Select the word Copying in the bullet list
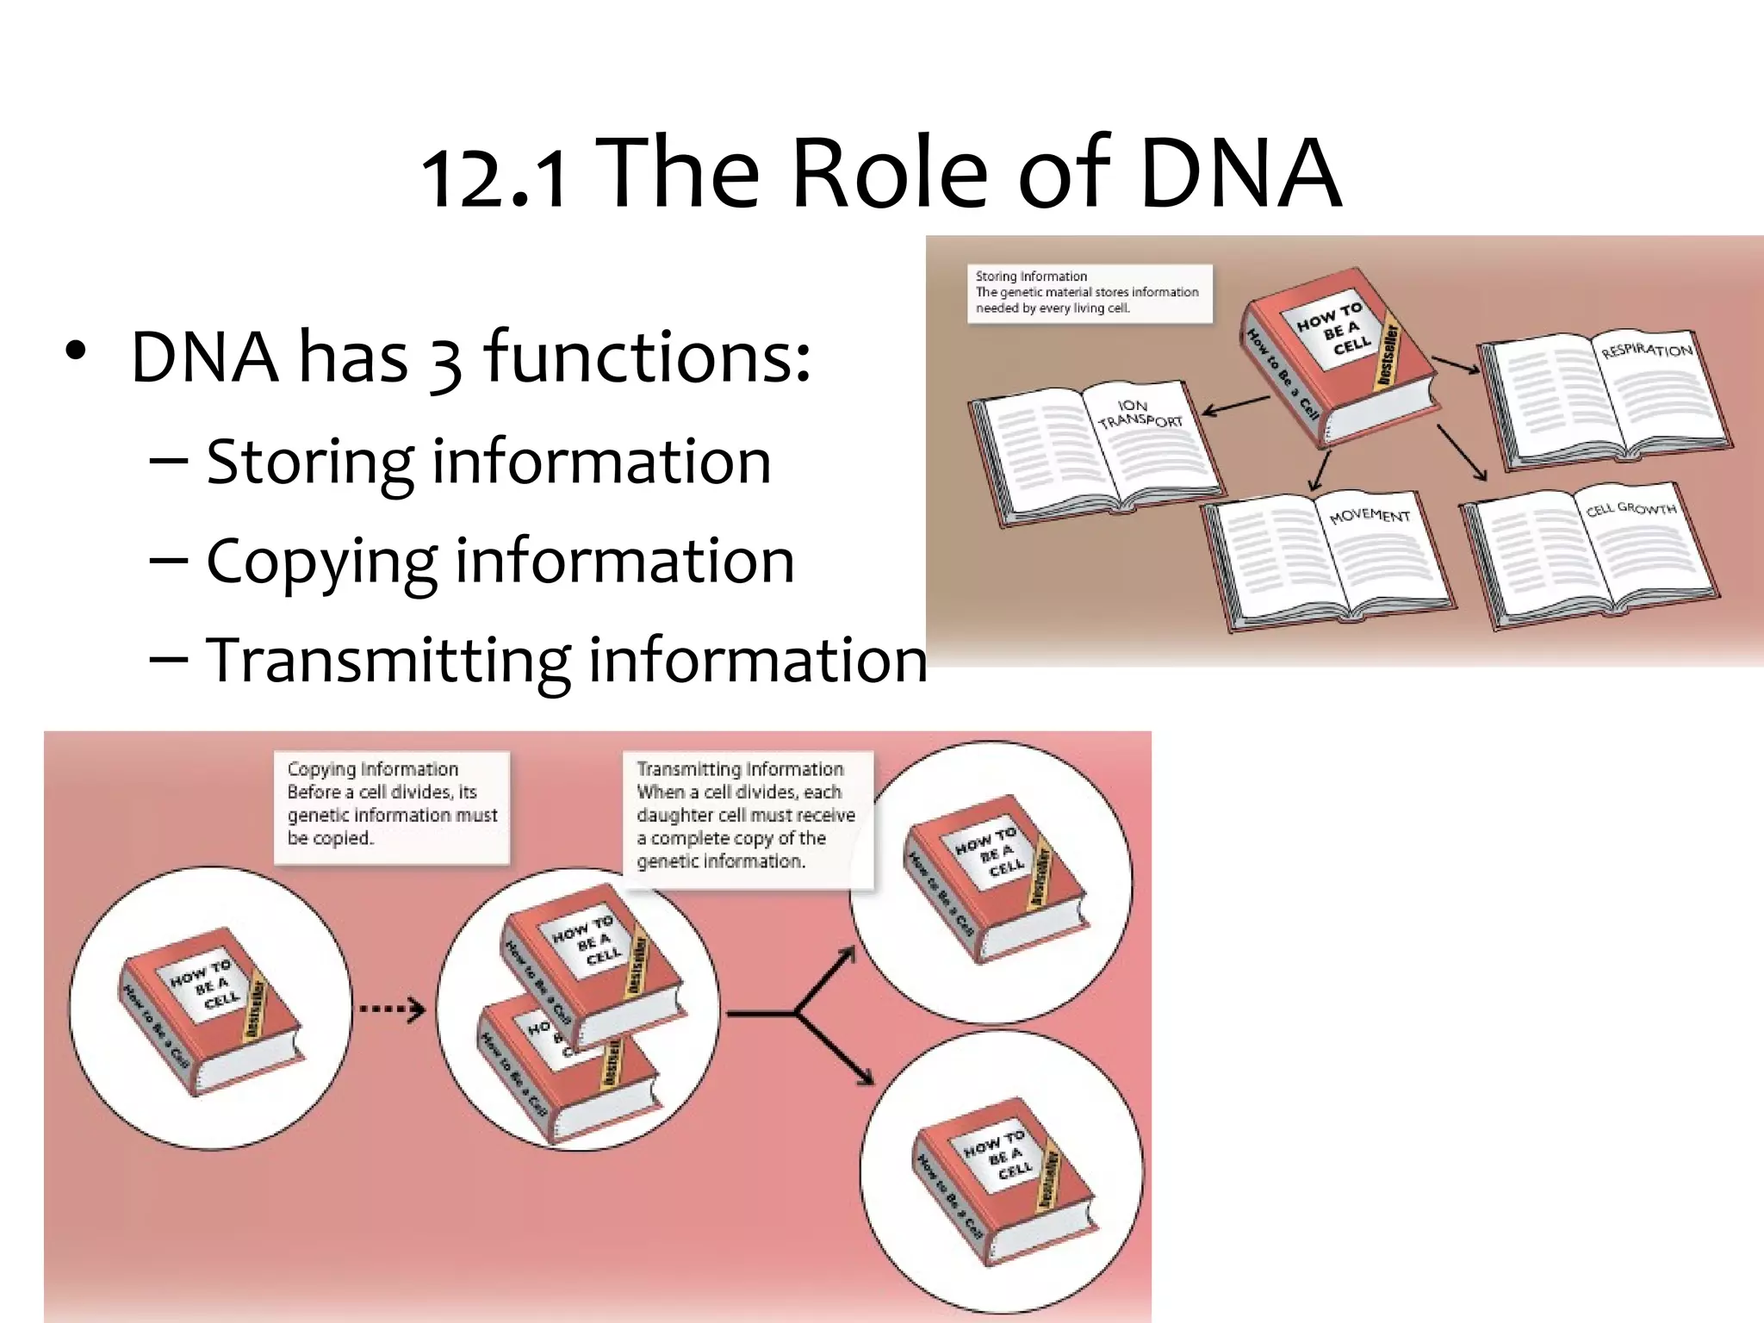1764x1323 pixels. (x=322, y=562)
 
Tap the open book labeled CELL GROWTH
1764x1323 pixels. (x=1589, y=551)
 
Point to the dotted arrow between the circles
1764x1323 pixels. (x=392, y=1009)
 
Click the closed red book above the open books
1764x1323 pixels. (x=1339, y=357)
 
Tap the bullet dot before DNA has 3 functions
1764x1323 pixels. (x=76, y=352)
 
